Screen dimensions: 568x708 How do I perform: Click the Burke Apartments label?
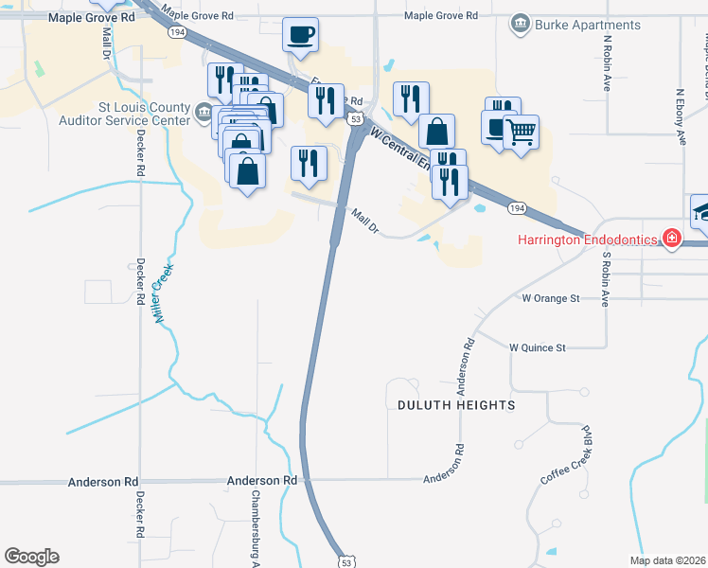point(588,25)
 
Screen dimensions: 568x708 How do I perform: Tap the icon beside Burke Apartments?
point(519,24)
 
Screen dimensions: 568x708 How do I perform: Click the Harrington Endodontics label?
point(587,239)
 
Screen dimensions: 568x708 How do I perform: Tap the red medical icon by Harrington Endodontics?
point(671,238)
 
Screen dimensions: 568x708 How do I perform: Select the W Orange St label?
point(550,298)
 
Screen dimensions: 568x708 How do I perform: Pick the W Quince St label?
point(538,347)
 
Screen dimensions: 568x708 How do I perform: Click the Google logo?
point(32,556)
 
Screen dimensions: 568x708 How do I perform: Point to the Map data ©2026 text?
point(667,560)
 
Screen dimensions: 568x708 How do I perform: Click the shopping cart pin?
point(520,131)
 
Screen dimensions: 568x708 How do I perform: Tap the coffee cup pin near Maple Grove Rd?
point(300,35)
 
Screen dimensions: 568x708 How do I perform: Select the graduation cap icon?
point(702,210)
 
